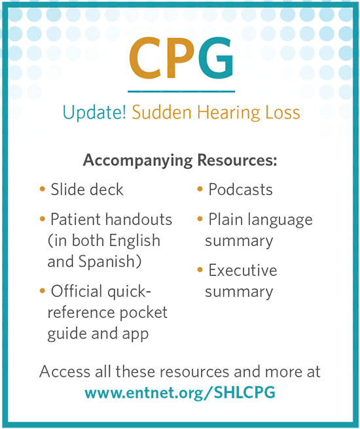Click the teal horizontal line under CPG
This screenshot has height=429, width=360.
point(181,91)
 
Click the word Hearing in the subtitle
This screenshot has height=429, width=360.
point(213,113)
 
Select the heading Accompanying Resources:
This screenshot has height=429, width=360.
point(180,161)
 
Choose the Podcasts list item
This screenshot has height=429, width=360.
point(240,190)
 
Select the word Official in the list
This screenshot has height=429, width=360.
point(79,290)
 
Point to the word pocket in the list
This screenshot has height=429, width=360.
point(146,313)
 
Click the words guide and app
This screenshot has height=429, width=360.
point(98,334)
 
